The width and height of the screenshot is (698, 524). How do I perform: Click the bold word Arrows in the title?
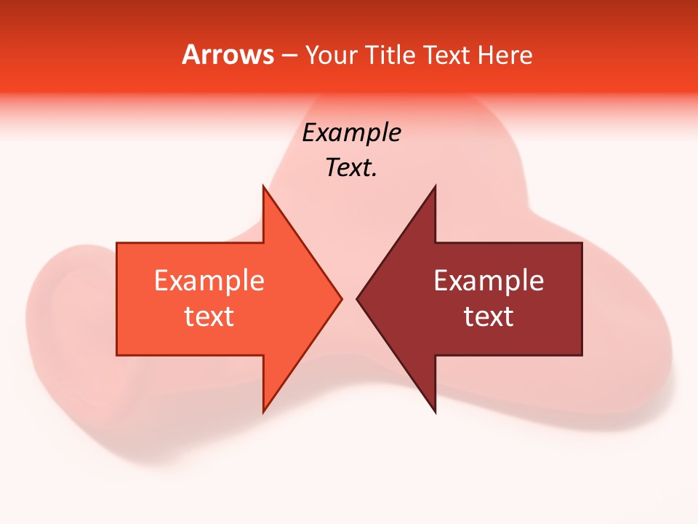228,55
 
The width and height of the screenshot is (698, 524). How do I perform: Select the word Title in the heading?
393,55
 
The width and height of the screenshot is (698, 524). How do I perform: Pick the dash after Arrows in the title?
289,56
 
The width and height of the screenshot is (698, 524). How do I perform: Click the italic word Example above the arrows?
351,133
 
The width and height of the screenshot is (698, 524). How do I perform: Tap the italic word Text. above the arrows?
351,168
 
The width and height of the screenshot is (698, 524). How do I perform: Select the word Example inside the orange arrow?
209,280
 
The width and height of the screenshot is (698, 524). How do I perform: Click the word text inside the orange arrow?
209,317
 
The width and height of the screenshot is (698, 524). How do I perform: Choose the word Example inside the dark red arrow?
489,280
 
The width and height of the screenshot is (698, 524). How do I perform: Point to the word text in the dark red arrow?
489,317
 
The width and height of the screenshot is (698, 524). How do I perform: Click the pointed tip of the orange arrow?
341,298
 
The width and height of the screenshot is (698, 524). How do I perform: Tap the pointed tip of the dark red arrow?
357,298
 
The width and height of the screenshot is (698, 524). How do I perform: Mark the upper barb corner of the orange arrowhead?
263,186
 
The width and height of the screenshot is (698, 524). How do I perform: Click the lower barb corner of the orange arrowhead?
263,412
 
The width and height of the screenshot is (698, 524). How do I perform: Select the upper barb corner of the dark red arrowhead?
435,186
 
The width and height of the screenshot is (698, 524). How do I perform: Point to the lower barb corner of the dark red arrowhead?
435,412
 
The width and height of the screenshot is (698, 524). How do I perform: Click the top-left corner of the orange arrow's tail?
117,243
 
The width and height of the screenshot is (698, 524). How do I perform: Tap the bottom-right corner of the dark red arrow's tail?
582,355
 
